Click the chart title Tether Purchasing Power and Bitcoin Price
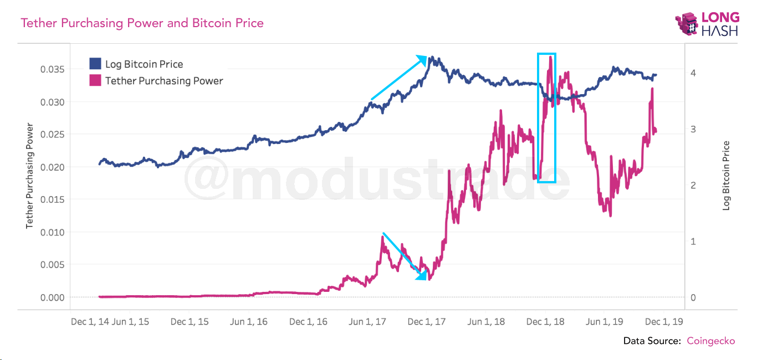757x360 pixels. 142,23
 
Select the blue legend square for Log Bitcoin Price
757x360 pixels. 95,64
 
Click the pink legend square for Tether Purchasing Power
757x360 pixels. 95,80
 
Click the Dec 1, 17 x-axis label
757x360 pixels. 427,322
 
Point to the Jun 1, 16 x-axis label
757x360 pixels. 248,322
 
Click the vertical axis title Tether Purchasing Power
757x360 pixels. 30,176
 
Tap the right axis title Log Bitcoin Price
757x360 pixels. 727,176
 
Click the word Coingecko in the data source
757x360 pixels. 711,341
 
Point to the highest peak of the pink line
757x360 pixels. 550,56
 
